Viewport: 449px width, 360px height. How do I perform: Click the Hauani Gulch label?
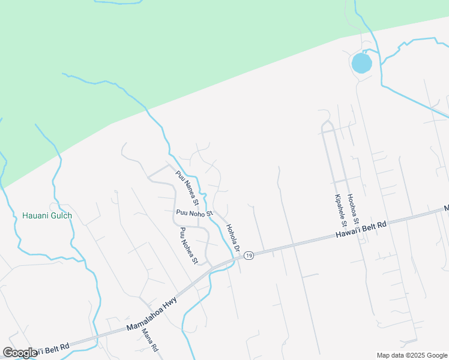point(47,216)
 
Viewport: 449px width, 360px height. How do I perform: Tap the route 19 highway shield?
point(249,256)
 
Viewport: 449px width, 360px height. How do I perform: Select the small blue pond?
point(361,62)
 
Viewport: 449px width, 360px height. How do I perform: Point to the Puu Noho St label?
point(194,213)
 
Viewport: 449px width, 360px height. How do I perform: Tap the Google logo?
point(20,352)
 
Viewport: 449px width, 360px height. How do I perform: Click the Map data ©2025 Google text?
point(412,355)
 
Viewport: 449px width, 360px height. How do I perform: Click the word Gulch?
point(60,216)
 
